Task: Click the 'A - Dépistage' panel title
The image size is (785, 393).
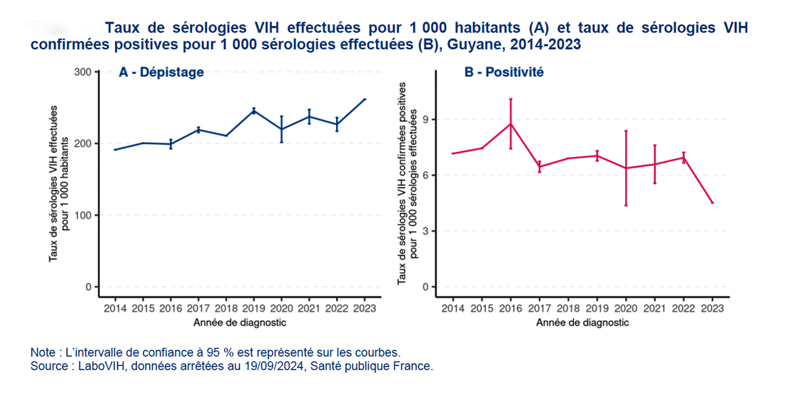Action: click(161, 72)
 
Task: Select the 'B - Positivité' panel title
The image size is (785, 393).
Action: click(504, 72)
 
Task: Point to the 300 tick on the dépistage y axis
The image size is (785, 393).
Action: click(83, 72)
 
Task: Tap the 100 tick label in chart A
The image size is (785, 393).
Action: click(83, 215)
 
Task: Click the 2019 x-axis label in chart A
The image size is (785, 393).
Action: click(253, 308)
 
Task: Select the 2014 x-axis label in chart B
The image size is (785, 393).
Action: click(452, 308)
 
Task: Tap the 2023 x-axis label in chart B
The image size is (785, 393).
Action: click(711, 308)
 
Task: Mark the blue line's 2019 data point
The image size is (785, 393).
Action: click(253, 111)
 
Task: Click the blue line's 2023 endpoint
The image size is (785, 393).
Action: click(365, 99)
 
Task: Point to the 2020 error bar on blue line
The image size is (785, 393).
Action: click(281, 129)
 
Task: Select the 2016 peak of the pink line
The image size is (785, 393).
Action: click(510, 123)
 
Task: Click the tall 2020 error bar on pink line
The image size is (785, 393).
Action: click(626, 168)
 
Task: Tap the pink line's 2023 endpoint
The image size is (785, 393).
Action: click(711, 203)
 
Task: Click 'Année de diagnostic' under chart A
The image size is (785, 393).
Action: click(240, 322)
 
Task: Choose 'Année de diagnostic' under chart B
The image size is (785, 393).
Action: click(582, 322)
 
